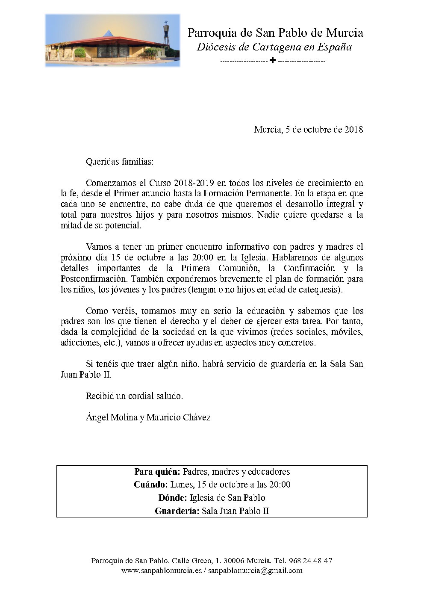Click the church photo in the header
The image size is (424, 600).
pyautogui.click(x=112, y=40)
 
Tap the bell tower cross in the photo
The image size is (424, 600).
pyautogui.click(x=166, y=23)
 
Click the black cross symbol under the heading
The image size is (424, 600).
pyautogui.click(x=273, y=60)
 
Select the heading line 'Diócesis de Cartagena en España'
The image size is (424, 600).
pyautogui.click(x=274, y=47)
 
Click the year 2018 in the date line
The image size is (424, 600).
pyautogui.click(x=354, y=130)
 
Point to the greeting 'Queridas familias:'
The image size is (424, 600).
pyautogui.click(x=119, y=162)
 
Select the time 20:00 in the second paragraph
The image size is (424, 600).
pyautogui.click(x=203, y=257)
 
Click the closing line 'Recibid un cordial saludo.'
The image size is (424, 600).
pyautogui.click(x=134, y=396)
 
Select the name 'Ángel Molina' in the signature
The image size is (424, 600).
pyautogui.click(x=111, y=417)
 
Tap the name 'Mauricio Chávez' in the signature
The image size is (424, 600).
pyautogui.click(x=179, y=417)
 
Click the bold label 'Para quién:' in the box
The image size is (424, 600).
pyautogui.click(x=157, y=472)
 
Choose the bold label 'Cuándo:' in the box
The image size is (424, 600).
pyautogui.click(x=150, y=485)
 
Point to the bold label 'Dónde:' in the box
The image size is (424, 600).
pyautogui.click(x=172, y=498)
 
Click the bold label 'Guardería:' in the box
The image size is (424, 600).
pyautogui.click(x=177, y=511)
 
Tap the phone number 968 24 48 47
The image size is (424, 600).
pyautogui.click(x=311, y=561)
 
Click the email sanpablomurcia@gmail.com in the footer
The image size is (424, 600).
pyautogui.click(x=255, y=570)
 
